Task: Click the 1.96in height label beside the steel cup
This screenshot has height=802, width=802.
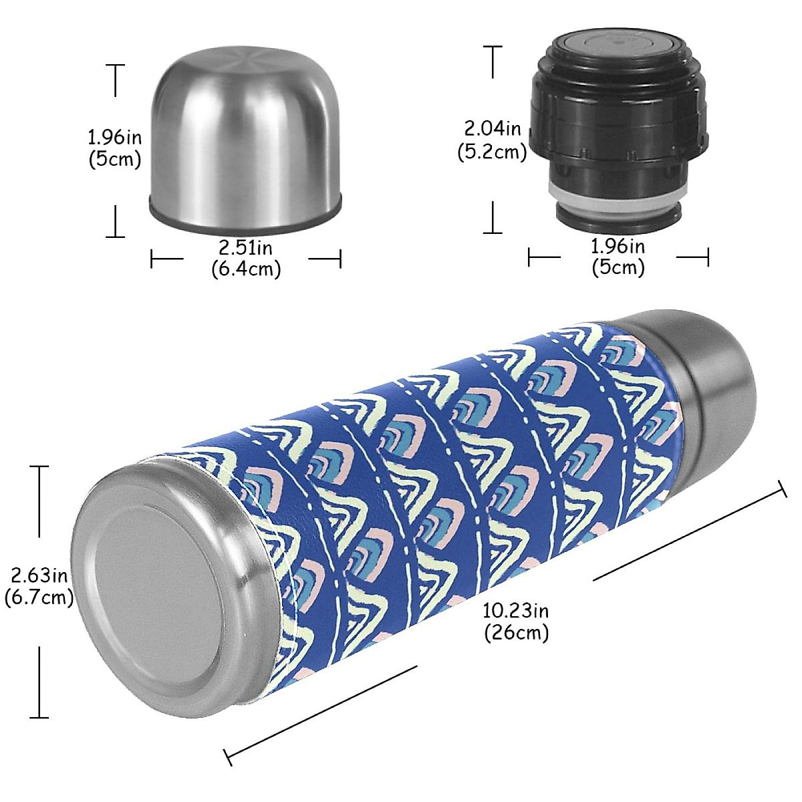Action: point(115,137)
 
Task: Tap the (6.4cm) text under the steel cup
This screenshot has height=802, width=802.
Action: point(246,269)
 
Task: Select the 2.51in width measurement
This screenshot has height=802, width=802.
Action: point(246,247)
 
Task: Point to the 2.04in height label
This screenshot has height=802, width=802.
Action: point(493,127)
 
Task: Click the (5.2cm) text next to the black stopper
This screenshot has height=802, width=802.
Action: point(493,152)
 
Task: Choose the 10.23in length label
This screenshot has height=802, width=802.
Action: point(516,610)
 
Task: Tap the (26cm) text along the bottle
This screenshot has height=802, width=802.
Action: point(516,632)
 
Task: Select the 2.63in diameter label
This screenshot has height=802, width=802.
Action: point(39,575)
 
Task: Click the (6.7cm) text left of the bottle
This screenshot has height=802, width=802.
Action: point(39,597)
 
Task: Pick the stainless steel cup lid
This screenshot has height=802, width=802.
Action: point(244,140)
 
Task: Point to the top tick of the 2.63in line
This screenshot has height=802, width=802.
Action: point(39,466)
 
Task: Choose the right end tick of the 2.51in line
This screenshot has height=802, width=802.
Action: point(341,259)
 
